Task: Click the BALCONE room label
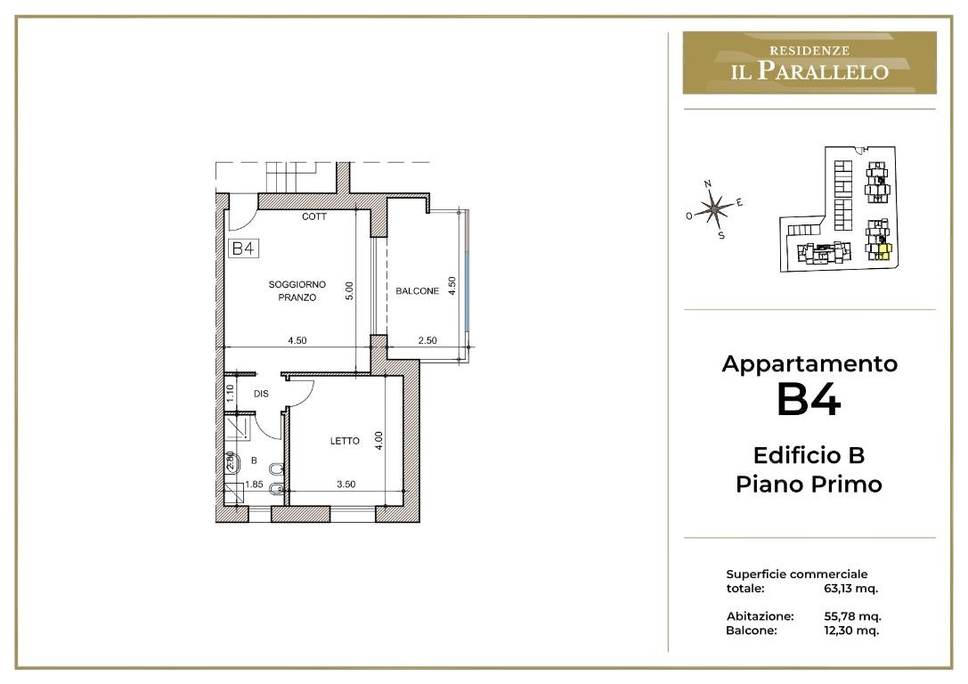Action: click(418, 290)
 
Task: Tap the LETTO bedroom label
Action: click(345, 441)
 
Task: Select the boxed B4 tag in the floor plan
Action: click(243, 248)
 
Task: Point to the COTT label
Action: click(314, 216)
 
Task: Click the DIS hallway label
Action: click(261, 394)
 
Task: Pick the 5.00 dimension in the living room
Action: click(349, 290)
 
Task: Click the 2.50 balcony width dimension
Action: click(427, 340)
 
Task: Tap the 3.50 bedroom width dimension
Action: click(346, 484)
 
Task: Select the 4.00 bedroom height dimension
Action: click(379, 440)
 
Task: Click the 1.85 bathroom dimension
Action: click(254, 484)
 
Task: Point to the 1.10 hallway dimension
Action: click(231, 393)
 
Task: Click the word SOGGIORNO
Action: click(297, 285)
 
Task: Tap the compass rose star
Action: click(714, 208)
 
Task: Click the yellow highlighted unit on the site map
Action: click(884, 251)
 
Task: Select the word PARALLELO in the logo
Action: click(823, 70)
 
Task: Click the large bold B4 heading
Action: click(809, 400)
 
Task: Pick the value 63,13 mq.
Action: click(850, 589)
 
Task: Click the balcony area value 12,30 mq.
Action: click(851, 631)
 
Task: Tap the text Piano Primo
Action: click(809, 484)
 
